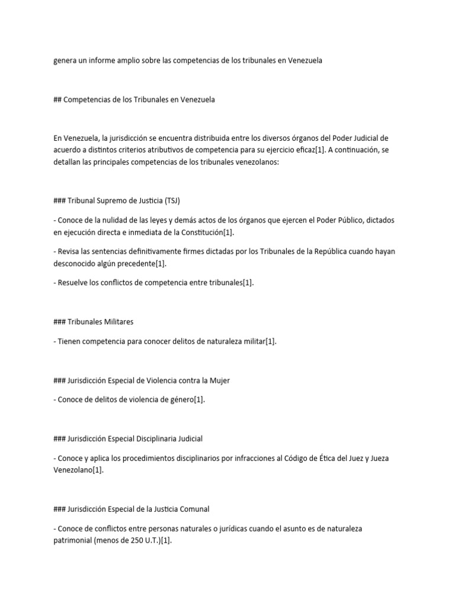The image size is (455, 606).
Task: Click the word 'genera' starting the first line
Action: click(x=65, y=60)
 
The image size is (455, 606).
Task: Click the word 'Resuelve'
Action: click(x=73, y=283)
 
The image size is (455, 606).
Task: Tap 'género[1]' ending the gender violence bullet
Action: click(x=187, y=400)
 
